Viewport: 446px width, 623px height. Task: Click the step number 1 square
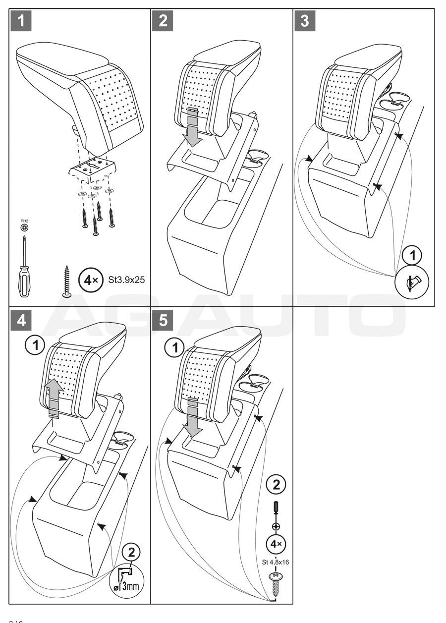pyautogui.click(x=21, y=21)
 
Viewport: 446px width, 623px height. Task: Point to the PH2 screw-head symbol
pyautogui.click(x=24, y=227)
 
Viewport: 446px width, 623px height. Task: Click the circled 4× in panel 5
pyautogui.click(x=276, y=544)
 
